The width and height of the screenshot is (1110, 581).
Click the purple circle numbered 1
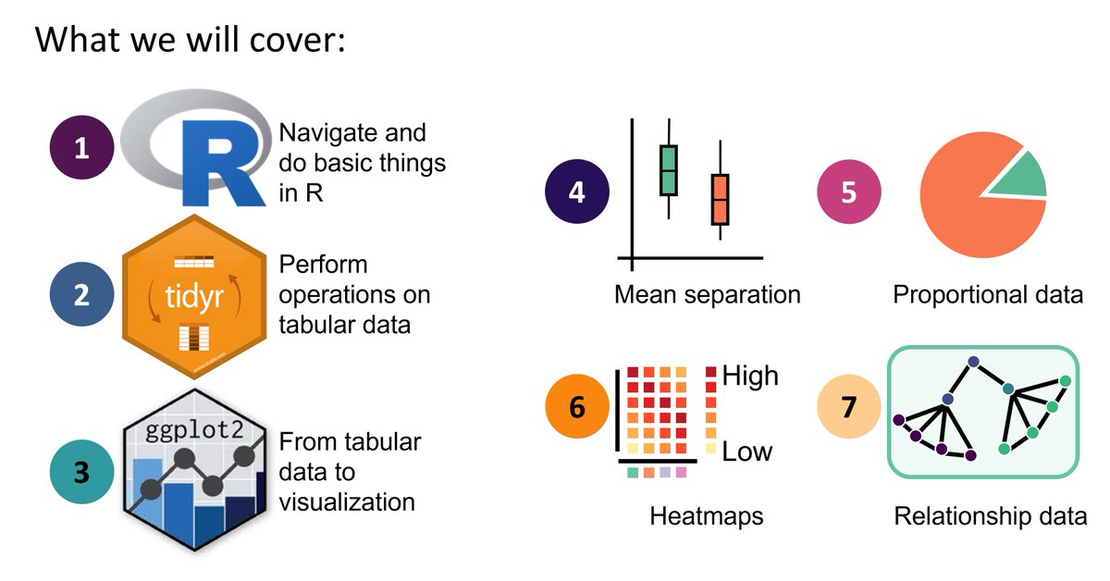tap(81, 147)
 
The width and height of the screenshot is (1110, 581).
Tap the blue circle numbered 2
tap(81, 295)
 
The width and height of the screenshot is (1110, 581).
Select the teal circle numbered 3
tap(81, 471)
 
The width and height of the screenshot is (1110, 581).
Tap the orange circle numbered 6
tap(576, 405)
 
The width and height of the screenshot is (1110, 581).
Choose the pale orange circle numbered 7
tap(849, 405)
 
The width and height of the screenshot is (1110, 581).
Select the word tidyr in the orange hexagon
tap(194, 294)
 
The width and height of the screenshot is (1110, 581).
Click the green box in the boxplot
tap(669, 169)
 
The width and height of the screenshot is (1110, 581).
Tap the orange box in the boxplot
tap(721, 199)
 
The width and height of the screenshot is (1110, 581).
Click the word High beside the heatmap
tap(750, 376)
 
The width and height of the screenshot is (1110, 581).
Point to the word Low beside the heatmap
tap(746, 451)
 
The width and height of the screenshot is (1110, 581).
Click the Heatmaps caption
tap(707, 515)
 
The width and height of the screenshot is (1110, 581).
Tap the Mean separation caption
tap(707, 295)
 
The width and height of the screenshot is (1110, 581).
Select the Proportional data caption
tap(988, 295)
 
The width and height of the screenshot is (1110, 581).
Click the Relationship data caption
tap(990, 515)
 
